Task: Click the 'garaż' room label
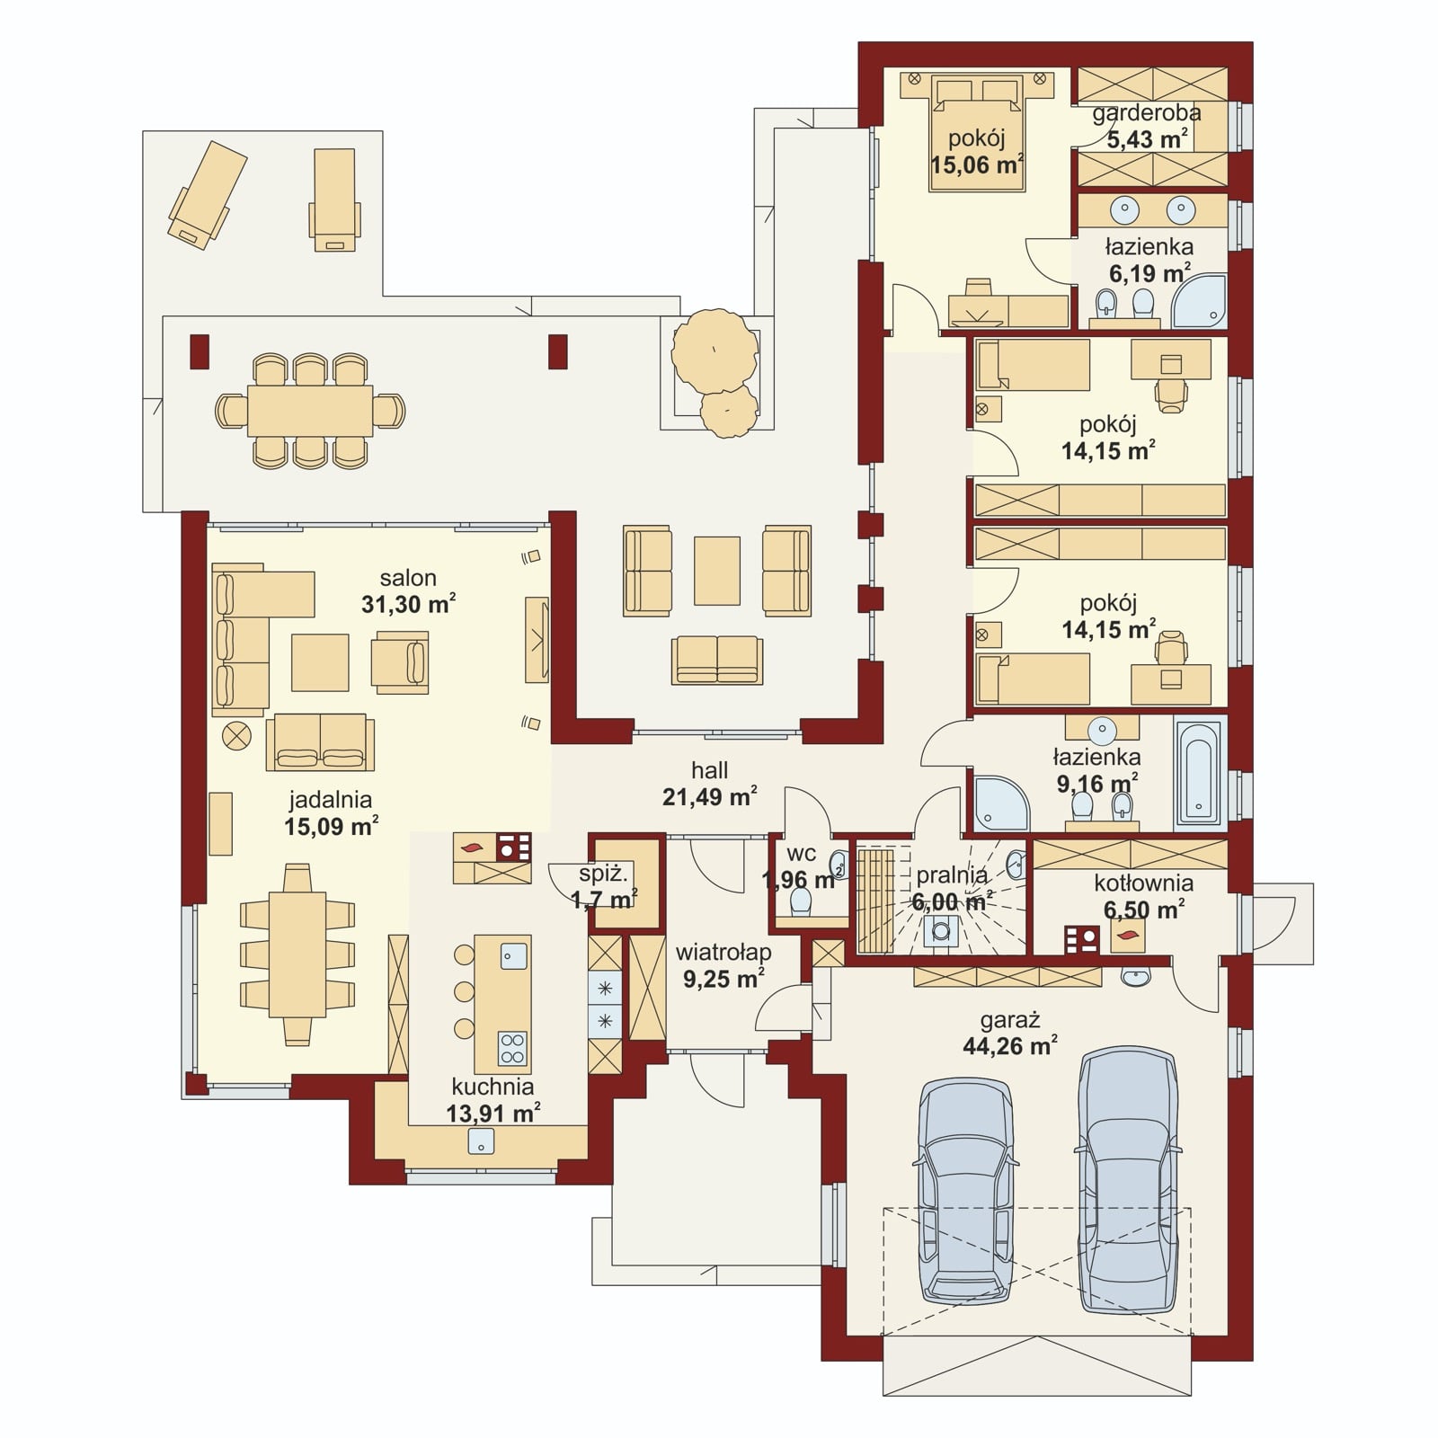pyautogui.click(x=1010, y=1020)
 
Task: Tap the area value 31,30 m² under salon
pyautogui.click(x=408, y=604)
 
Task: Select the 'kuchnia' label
pyautogui.click(x=493, y=1087)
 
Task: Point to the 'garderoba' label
pyautogui.click(x=1147, y=113)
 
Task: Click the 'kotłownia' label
pyautogui.click(x=1144, y=883)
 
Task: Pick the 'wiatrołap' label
pyautogui.click(x=723, y=953)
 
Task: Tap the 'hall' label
pyautogui.click(x=710, y=770)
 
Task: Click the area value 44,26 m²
pyautogui.click(x=1010, y=1046)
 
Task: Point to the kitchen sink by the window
pyautogui.click(x=482, y=1141)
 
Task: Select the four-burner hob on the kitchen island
pyautogui.click(x=512, y=1047)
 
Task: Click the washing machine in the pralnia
pyautogui.click(x=942, y=928)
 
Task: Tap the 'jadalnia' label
pyautogui.click(x=331, y=799)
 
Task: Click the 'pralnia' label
pyautogui.click(x=952, y=874)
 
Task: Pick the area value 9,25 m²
pyautogui.click(x=723, y=979)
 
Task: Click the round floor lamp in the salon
pyautogui.click(x=238, y=735)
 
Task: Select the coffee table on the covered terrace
pyautogui.click(x=717, y=571)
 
